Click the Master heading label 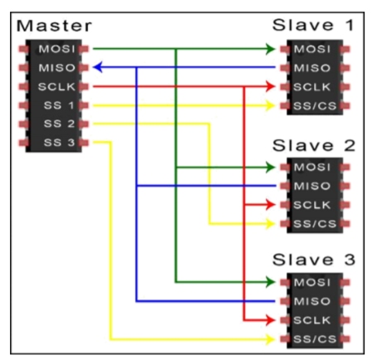pos(54,26)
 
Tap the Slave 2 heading pos(313,145)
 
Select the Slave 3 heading pos(313,260)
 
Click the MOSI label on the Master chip pos(57,49)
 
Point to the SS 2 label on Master pos(59,124)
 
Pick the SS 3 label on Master pos(59,143)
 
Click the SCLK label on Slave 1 pos(312,87)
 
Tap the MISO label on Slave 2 pos(312,186)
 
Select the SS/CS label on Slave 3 pos(315,339)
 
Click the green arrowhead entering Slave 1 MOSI pos(270,49)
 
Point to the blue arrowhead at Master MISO pos(98,67)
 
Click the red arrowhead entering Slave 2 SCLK pos(270,205)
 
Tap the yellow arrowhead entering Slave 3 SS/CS pos(270,339)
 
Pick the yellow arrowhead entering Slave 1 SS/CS pos(270,105)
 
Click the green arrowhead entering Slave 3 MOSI pos(270,282)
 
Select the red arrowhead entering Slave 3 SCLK pos(270,320)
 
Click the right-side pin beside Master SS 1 pos(84,105)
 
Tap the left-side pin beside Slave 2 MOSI pos(285,167)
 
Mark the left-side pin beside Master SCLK pos(24,86)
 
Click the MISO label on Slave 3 pos(312,301)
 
